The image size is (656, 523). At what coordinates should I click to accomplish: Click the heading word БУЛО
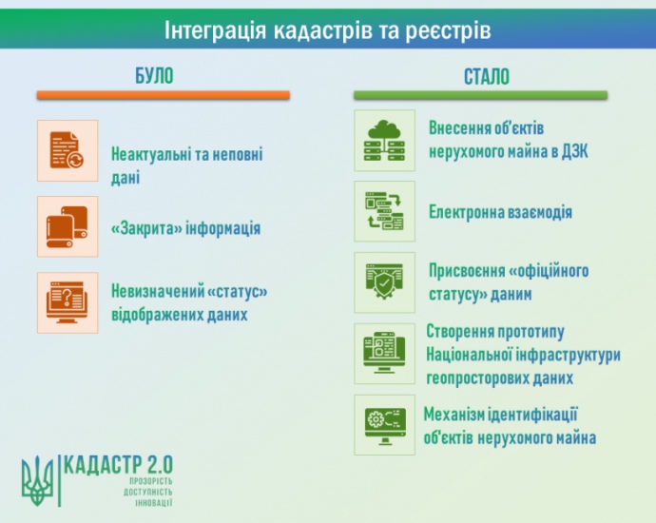point(154,76)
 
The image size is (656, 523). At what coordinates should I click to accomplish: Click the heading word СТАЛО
point(487,77)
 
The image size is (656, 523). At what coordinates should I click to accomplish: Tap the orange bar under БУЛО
point(164,95)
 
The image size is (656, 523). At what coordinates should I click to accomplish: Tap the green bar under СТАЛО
point(481,95)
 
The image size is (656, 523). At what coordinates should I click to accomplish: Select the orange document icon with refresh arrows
point(67,150)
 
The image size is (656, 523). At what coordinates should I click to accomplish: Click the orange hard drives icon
point(67,226)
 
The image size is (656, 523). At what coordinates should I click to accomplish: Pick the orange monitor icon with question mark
point(67,302)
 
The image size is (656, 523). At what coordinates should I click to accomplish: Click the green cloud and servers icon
point(384,141)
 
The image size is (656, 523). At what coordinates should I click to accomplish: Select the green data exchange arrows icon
point(384,211)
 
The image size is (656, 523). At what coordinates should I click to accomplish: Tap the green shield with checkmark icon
point(384,282)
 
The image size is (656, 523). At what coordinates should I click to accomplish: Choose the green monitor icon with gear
point(384,425)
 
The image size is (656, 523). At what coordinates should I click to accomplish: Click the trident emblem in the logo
point(38,481)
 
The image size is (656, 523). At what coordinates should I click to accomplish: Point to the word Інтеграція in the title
point(215,30)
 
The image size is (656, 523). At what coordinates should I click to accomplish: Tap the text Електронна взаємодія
point(500,212)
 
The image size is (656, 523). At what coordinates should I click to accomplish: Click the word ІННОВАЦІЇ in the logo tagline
point(153,503)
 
